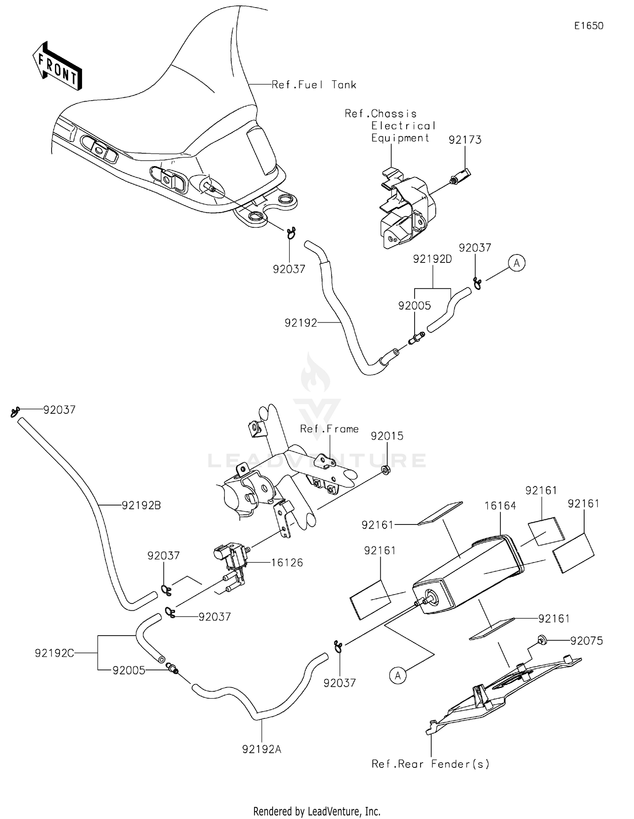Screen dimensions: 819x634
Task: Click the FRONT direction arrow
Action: point(57,67)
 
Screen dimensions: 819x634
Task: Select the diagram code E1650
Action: point(588,26)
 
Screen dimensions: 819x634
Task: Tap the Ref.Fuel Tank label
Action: point(314,85)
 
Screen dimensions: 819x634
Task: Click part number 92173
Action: point(465,140)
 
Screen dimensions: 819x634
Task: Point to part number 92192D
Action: point(432,259)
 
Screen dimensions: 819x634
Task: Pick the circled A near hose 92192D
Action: point(516,263)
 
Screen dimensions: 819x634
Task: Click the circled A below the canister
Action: point(398,675)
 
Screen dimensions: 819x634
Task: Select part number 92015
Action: point(387,436)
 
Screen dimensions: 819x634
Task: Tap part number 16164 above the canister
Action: point(500,505)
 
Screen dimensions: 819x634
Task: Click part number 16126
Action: point(287,562)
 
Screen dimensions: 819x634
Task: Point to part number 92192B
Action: point(141,505)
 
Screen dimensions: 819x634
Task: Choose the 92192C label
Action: point(55,653)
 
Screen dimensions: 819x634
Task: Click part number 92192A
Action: point(262,749)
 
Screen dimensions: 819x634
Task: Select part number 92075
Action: point(586,641)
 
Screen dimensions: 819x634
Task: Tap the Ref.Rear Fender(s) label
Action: point(430,764)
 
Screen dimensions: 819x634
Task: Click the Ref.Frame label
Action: point(329,429)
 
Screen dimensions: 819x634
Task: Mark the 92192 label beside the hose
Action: point(301,323)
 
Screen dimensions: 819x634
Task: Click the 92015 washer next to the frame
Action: point(385,470)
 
